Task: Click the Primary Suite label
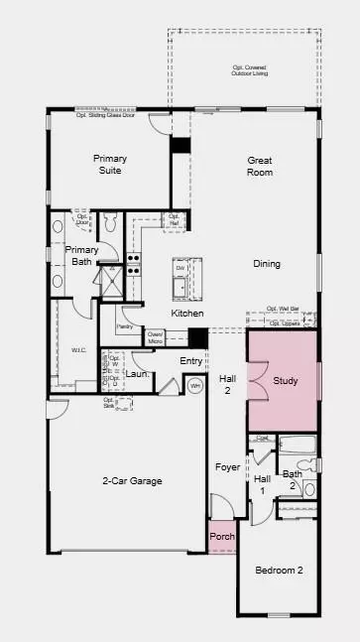pyautogui.click(x=110, y=165)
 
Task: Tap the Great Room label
pyautogui.click(x=260, y=166)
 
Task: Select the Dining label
pyautogui.click(x=266, y=264)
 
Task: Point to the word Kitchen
pyautogui.click(x=187, y=314)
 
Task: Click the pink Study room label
pyautogui.click(x=286, y=380)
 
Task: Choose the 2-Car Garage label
pyautogui.click(x=132, y=481)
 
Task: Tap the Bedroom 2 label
pyautogui.click(x=279, y=570)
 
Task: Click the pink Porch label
pyautogui.click(x=222, y=537)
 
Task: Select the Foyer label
pyautogui.click(x=228, y=466)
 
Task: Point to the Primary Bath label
pyautogui.click(x=81, y=256)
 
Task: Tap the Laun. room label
pyautogui.click(x=137, y=374)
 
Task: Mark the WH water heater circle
pyautogui.click(x=195, y=385)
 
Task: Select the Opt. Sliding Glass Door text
pyautogui.click(x=106, y=114)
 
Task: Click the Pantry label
pyautogui.click(x=125, y=325)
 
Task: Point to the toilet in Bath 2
pyautogui.click(x=308, y=488)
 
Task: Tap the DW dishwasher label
pyautogui.click(x=180, y=269)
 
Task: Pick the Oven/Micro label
pyautogui.click(x=155, y=338)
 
